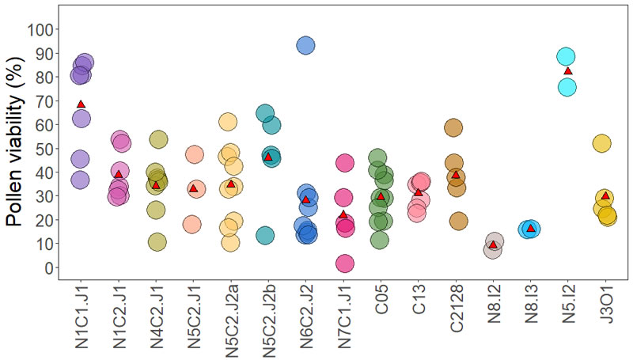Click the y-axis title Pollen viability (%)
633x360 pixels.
17,149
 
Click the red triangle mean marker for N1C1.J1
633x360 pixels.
81,104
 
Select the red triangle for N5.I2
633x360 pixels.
567,71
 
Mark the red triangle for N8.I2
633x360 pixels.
493,245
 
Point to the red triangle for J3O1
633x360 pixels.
605,196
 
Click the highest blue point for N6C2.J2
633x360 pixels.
306,46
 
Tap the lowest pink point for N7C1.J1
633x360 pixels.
344,263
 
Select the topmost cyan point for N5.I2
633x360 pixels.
566,57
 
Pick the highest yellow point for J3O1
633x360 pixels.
602,143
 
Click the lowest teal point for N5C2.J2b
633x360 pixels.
265,235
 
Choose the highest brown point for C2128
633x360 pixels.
453,128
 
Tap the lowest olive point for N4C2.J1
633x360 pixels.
157,242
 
